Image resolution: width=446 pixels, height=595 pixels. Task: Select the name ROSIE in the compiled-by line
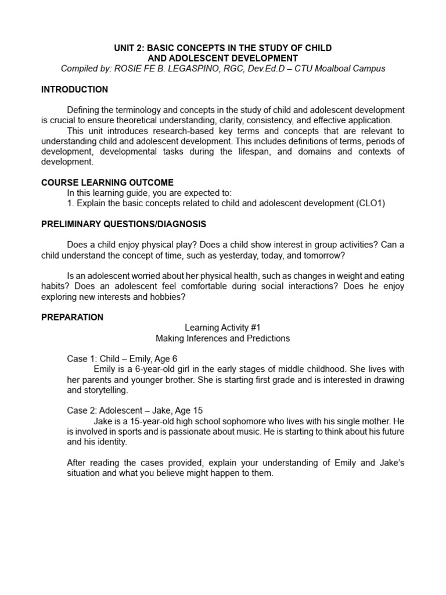[x=131, y=69]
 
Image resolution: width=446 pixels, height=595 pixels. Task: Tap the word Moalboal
[x=333, y=69]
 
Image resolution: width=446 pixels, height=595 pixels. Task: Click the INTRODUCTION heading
[x=74, y=89]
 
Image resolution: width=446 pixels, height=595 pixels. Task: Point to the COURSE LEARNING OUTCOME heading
[x=107, y=182]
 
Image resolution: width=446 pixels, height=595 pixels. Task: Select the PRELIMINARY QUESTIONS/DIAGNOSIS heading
[x=124, y=224]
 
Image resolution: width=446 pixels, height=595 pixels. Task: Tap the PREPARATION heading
[x=72, y=317]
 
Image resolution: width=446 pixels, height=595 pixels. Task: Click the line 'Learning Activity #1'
[x=223, y=328]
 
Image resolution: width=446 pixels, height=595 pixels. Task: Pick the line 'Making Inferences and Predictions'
[x=223, y=338]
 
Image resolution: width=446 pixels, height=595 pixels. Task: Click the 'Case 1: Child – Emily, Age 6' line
[x=122, y=359]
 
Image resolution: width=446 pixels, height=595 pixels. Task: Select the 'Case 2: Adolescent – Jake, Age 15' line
[x=135, y=410]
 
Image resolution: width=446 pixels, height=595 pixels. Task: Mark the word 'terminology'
[x=135, y=110]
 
